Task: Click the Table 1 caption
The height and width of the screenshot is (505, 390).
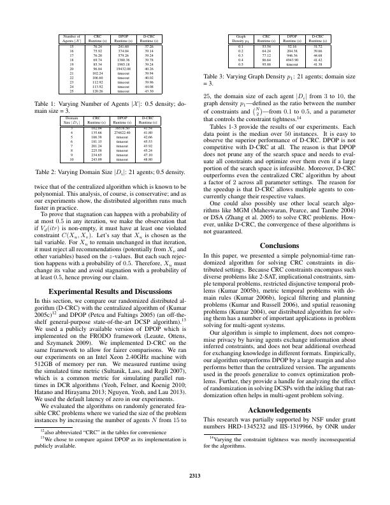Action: click(107, 106)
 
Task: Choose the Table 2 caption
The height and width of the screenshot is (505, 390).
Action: click(107, 173)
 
